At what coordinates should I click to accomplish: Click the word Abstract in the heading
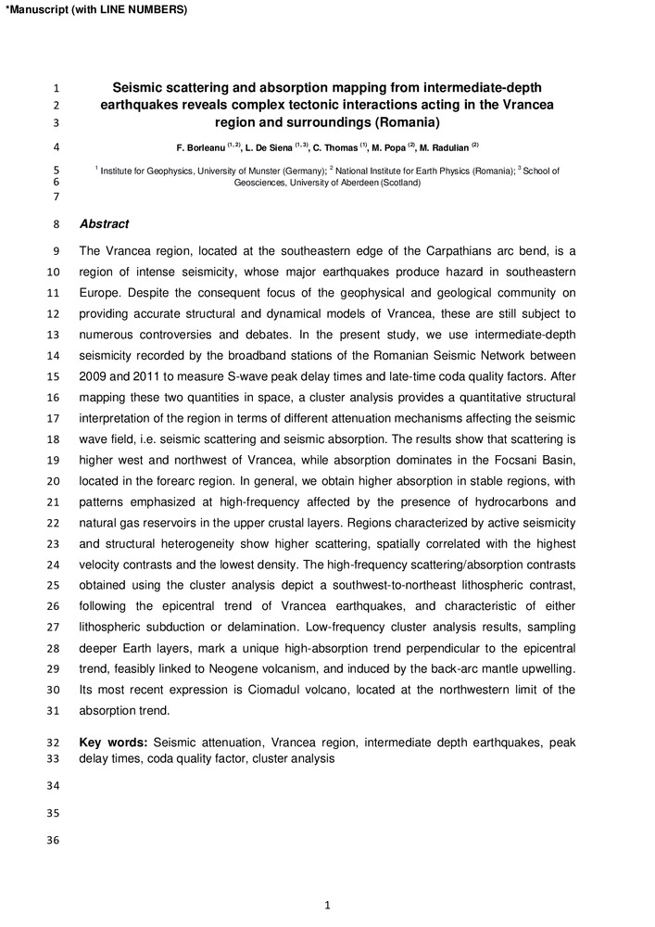tap(104, 224)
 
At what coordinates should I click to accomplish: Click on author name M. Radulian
tap(445, 147)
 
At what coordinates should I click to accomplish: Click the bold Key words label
tap(113, 743)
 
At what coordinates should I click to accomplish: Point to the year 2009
tap(94, 377)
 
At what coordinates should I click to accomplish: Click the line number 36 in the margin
tap(52, 841)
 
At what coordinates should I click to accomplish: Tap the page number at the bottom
tap(328, 906)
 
